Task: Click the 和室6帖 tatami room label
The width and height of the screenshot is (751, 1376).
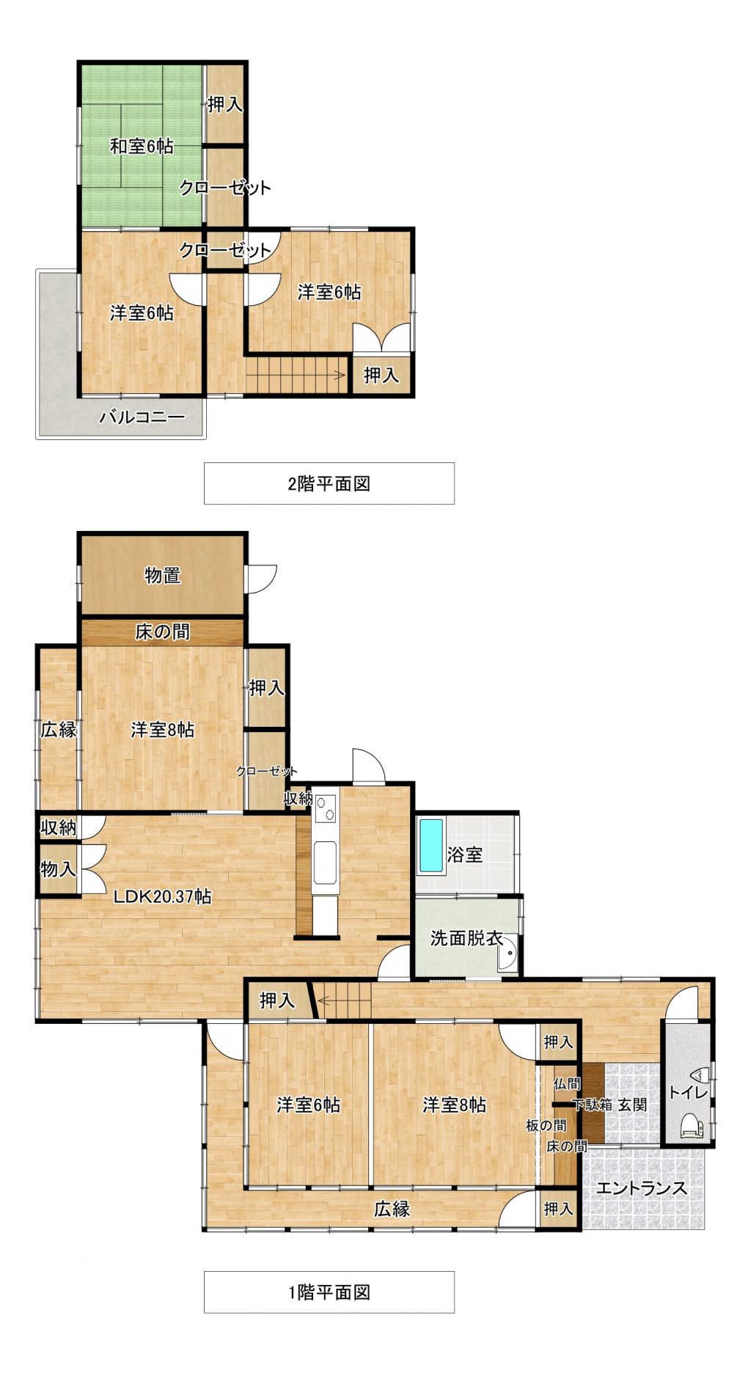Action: tap(142, 147)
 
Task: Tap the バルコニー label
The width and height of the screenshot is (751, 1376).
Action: tap(142, 418)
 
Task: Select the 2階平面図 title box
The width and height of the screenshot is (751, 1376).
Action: tap(329, 483)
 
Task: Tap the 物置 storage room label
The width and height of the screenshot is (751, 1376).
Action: tap(163, 575)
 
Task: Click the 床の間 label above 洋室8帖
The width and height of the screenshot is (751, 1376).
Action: tap(163, 632)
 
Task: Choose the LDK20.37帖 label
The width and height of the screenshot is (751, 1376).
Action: tap(162, 896)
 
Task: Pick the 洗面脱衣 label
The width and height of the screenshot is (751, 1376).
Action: tap(466, 937)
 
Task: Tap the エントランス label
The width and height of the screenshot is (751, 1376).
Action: tap(642, 1188)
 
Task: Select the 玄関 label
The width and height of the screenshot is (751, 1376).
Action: tap(631, 1105)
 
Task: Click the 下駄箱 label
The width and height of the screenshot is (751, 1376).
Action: tap(592, 1105)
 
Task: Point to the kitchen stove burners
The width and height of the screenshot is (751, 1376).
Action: tap(325, 808)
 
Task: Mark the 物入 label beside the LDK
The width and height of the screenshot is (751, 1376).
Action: tap(58, 869)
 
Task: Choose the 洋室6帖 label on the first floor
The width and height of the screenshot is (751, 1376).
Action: tap(309, 1105)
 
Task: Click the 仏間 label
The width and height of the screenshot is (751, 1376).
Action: tap(567, 1083)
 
